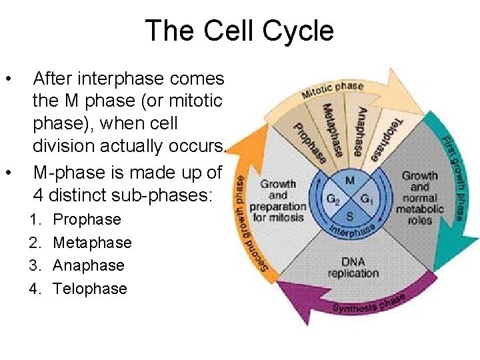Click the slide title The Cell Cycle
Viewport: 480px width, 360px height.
pyautogui.click(x=239, y=31)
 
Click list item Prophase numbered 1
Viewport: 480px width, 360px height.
pyautogui.click(x=87, y=219)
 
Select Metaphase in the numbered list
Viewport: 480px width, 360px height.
pyautogui.click(x=92, y=243)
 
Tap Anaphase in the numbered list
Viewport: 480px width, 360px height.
pyautogui.click(x=89, y=265)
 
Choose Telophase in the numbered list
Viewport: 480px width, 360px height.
pyautogui.click(x=90, y=289)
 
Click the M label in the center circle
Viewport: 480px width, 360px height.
pyautogui.click(x=349, y=180)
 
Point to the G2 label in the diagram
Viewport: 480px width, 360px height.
pyautogui.click(x=331, y=199)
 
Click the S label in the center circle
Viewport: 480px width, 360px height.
pyautogui.click(x=349, y=216)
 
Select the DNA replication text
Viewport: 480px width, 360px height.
pyautogui.click(x=353, y=267)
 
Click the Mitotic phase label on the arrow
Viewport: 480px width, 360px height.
pyautogui.click(x=333, y=89)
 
